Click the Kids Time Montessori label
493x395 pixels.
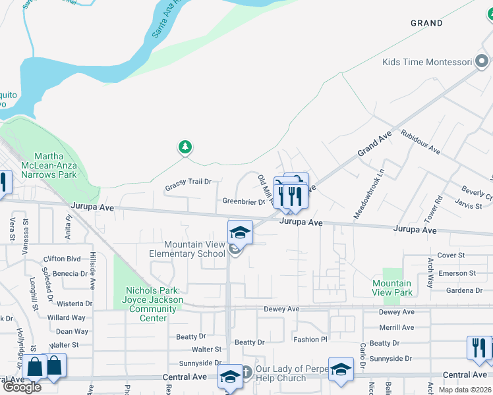point(428,63)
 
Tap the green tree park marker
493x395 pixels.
point(186,147)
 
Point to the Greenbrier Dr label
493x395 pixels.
point(243,202)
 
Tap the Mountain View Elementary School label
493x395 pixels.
point(186,249)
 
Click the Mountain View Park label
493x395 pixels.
point(392,288)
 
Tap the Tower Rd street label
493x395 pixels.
point(439,208)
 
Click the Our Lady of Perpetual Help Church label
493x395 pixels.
point(282,373)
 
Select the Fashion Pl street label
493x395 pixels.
point(310,340)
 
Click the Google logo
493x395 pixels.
point(22,387)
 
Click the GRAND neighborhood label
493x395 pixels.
point(426,23)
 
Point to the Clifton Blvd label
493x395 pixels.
point(61,259)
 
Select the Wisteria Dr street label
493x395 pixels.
point(74,303)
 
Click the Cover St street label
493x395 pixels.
point(451,255)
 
